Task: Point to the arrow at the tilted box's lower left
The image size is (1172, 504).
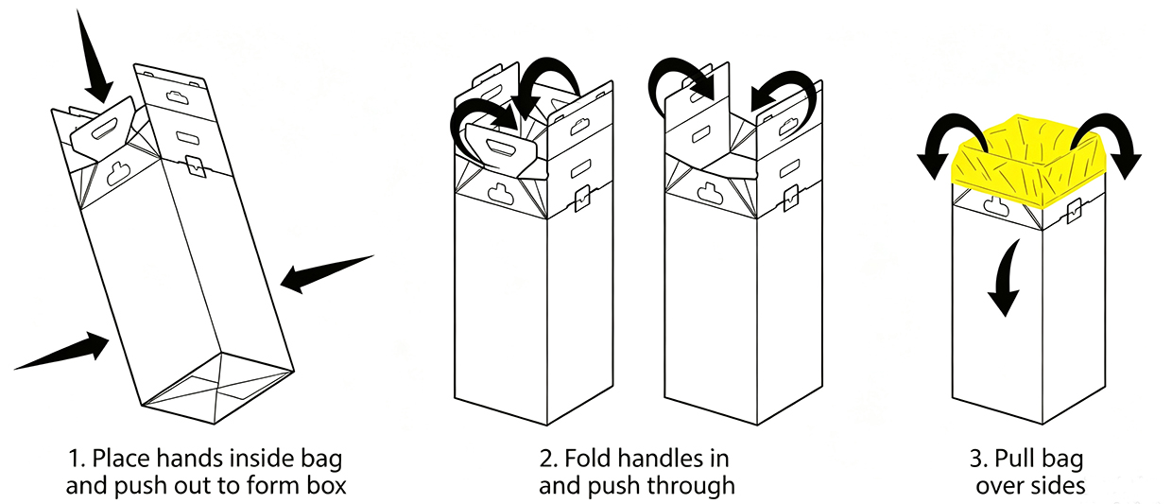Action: [62, 350]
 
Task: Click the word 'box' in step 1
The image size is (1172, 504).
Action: [327, 486]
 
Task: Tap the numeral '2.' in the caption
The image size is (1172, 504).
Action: [549, 459]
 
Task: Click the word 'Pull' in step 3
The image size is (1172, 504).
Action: [1013, 459]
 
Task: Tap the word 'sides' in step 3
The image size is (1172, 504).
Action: [1058, 486]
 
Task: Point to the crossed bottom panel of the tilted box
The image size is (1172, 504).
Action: [218, 388]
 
